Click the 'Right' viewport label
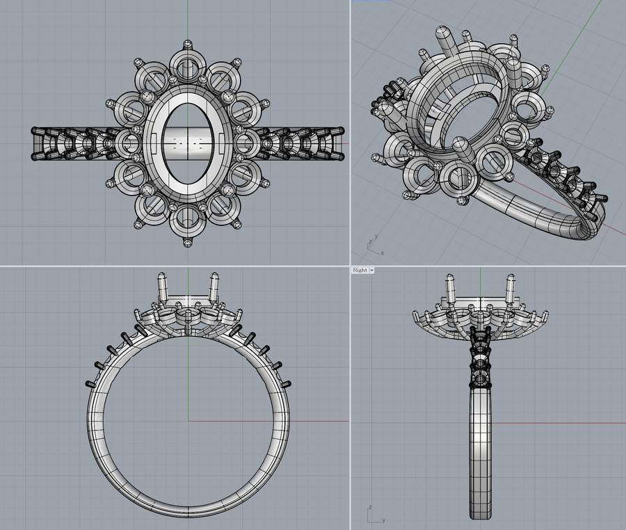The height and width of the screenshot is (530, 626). tap(360, 270)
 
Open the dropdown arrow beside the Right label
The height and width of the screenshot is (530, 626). tap(372, 270)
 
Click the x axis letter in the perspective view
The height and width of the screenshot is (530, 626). tap(382, 252)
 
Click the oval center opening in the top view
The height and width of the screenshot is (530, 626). tap(187, 144)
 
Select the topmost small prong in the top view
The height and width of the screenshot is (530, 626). tap(187, 45)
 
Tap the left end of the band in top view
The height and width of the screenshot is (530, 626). tap(35, 144)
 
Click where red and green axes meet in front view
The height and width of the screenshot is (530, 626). tap(188, 421)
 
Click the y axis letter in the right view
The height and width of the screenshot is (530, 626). tap(382, 519)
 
